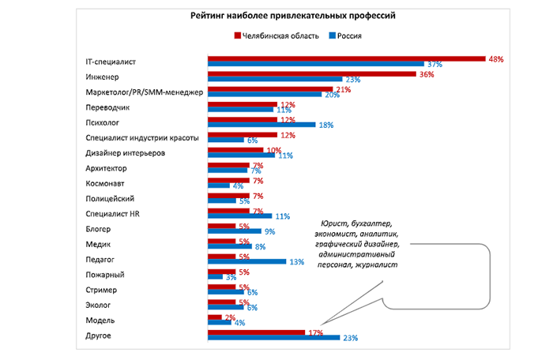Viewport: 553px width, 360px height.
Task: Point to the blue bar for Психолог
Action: click(x=260, y=125)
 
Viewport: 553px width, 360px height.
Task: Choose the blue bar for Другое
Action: click(x=273, y=338)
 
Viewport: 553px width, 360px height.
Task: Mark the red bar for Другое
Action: click(x=256, y=332)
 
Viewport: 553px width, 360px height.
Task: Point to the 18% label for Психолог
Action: click(x=325, y=125)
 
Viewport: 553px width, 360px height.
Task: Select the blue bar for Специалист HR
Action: click(x=239, y=215)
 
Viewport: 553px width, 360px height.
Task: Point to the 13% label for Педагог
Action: click(x=297, y=261)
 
